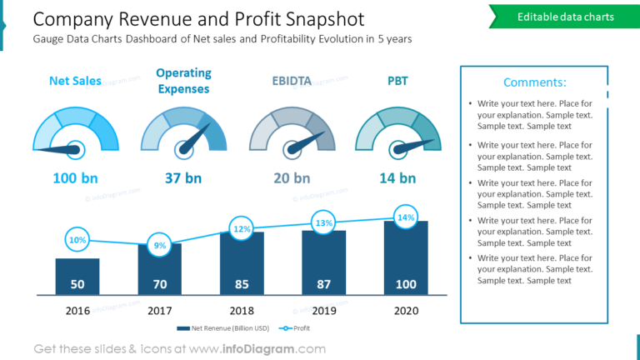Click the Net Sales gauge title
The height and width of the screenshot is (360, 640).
[75, 81]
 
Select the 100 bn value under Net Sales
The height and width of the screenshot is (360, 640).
[75, 177]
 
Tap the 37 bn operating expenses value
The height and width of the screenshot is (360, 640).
[183, 177]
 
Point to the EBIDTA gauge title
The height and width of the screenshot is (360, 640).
[292, 81]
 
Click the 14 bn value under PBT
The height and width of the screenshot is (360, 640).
[397, 177]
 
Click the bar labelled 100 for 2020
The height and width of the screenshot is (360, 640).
[406, 258]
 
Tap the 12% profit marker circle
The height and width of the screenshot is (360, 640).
[242, 228]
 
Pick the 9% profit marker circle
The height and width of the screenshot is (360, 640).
[160, 245]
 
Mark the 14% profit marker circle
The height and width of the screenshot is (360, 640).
[406, 217]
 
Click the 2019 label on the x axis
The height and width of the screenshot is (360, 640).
[323, 310]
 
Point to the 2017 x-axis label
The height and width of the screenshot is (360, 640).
[160, 310]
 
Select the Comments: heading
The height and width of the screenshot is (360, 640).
[534, 82]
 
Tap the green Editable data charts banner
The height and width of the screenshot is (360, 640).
[564, 17]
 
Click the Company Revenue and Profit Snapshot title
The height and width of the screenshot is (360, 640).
[198, 19]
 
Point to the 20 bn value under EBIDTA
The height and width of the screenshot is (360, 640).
[292, 177]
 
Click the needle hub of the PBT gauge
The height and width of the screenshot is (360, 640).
[398, 149]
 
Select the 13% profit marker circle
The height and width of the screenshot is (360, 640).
[323, 222]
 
